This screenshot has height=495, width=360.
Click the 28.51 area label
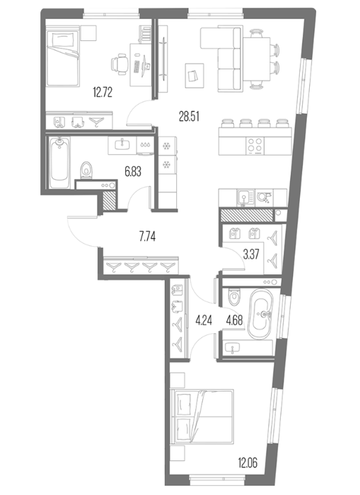click(189, 117)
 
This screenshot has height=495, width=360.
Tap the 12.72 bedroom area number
click(103, 93)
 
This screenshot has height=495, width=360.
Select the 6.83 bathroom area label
click(133, 172)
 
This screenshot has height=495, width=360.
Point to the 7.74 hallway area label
click(148, 236)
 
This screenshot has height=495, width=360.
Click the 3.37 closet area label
click(251, 255)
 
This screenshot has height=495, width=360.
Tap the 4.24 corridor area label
click(204, 321)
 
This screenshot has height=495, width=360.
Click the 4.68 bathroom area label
click(234, 321)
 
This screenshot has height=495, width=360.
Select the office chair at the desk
click(120, 64)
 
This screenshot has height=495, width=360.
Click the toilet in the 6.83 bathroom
click(86, 170)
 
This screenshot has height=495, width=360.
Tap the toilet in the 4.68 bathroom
click(235, 296)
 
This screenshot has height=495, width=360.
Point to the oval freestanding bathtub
click(260, 315)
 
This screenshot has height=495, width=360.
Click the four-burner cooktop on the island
click(255, 146)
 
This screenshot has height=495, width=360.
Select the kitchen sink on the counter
click(245, 198)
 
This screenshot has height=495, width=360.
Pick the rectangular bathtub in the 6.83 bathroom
click(59, 162)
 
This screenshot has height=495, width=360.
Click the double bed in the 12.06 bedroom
click(202, 417)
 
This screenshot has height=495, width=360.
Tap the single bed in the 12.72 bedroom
click(62, 57)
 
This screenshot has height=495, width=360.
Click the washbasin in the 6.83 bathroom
click(122, 145)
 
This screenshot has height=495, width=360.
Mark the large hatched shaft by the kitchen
click(246, 215)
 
